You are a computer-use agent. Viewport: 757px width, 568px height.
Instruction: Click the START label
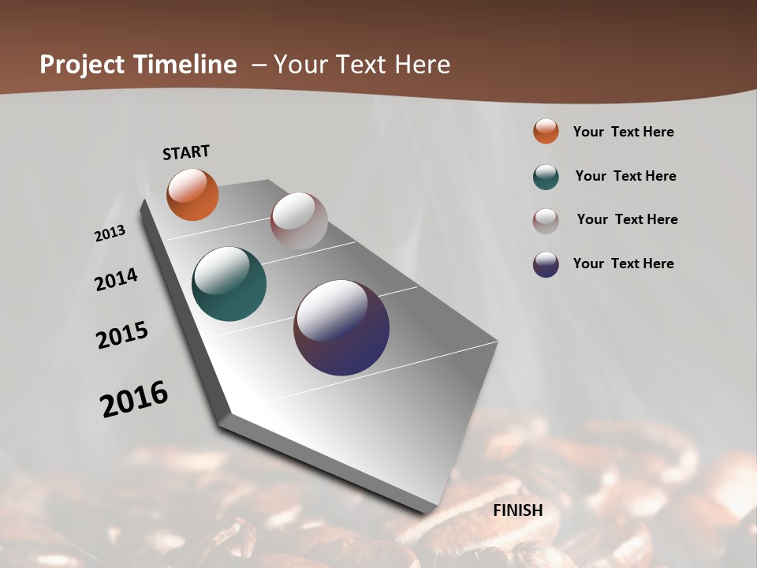tap(186, 152)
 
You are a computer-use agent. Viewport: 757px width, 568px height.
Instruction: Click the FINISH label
tap(518, 510)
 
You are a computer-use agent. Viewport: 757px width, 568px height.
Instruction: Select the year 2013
tap(110, 234)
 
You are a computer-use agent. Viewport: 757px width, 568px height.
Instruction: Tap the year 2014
tap(116, 279)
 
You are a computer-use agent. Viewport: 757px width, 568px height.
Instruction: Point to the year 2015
tap(122, 335)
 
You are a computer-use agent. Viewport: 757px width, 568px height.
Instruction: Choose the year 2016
tap(134, 398)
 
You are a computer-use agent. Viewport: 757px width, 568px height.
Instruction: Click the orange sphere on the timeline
tap(192, 194)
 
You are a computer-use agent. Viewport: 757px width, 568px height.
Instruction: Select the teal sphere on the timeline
tap(229, 284)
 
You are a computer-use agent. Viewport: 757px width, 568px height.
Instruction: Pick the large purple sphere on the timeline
tap(341, 327)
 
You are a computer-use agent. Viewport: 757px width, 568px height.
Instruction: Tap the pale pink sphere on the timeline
tap(299, 221)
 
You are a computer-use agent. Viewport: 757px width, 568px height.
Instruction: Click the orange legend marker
tap(546, 131)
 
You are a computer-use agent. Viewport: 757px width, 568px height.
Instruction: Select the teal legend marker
tap(546, 177)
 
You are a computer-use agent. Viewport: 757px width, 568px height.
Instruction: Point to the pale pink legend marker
tap(546, 221)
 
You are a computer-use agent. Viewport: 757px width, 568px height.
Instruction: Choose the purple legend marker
tap(546, 264)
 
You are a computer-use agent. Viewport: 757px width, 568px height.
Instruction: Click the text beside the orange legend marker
tap(623, 132)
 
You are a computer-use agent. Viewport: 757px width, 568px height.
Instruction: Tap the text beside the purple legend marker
tap(623, 263)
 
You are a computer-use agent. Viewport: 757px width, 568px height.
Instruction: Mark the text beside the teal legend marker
tap(625, 176)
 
